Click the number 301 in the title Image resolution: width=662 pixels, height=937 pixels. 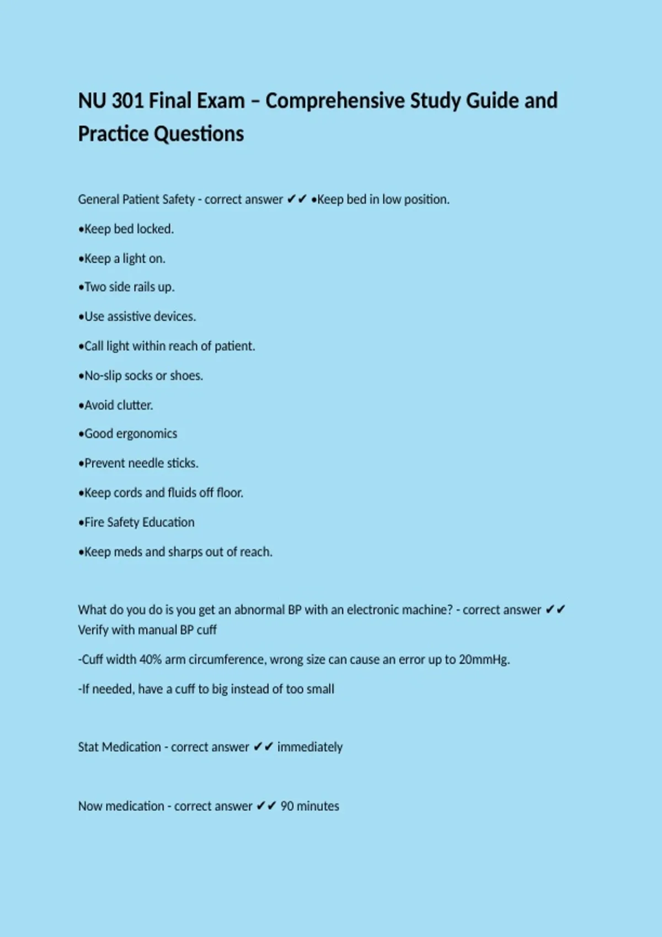[x=127, y=101]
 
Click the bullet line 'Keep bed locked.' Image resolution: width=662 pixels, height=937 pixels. [x=126, y=229]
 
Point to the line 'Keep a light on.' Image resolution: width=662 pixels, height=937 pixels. [x=122, y=259]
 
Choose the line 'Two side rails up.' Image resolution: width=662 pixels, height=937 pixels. [x=126, y=287]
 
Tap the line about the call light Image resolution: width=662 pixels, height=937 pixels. [x=167, y=346]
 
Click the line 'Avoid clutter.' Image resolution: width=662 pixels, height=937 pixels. [x=116, y=405]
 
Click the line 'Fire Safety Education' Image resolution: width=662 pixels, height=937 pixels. [x=136, y=522]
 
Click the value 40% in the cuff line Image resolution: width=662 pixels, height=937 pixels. [x=150, y=659]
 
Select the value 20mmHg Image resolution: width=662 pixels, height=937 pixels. [x=483, y=659]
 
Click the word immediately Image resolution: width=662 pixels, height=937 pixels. [x=309, y=747]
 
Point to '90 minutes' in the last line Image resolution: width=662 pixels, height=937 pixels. [x=309, y=806]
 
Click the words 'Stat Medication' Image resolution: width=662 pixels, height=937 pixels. [x=119, y=747]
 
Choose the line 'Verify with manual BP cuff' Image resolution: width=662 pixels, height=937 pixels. [x=147, y=630]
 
